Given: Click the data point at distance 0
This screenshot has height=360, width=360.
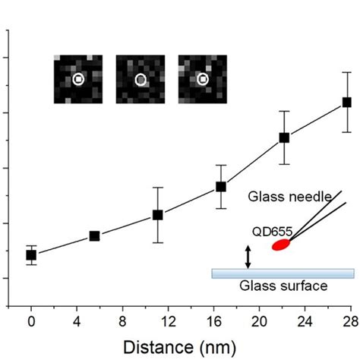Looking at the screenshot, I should [31, 255].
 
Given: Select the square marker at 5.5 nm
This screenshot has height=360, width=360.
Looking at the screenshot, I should [94, 236].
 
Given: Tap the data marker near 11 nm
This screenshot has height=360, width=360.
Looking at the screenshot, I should [157, 215].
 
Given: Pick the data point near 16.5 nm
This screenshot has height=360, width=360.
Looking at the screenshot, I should [221, 186].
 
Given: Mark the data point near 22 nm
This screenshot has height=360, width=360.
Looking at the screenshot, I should [284, 137].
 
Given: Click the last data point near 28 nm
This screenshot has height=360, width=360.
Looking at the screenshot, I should [347, 102].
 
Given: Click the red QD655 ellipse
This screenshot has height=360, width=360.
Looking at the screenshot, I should [281, 245].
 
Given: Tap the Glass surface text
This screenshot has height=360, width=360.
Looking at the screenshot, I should [283, 286].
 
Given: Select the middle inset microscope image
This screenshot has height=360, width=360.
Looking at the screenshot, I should [140, 79].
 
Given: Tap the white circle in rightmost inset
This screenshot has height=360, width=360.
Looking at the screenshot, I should [203, 78].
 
